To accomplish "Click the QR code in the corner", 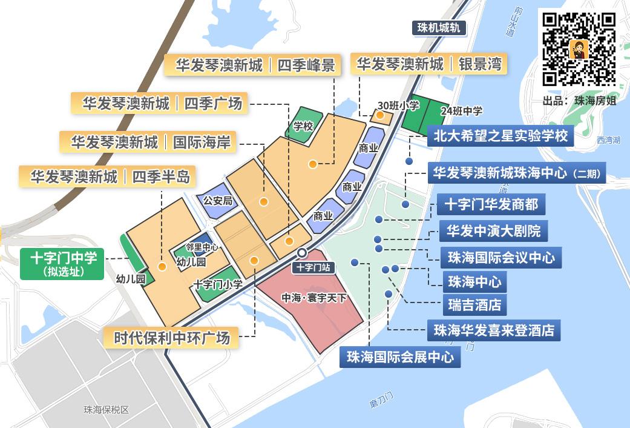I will (x=579, y=49).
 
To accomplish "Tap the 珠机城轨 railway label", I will (x=440, y=28).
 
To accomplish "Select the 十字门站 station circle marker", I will (x=301, y=253).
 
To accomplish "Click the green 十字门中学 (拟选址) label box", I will (x=62, y=264).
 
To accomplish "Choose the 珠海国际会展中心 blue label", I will (x=400, y=357).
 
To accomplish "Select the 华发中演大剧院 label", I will (x=493, y=231).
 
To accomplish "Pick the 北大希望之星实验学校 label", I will (x=500, y=136).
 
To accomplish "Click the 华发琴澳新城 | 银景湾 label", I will (x=428, y=64).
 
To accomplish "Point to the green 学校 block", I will (x=304, y=125).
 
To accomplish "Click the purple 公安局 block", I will (x=217, y=199).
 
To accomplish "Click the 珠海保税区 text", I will (x=107, y=410).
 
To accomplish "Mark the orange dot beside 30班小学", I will (x=380, y=115).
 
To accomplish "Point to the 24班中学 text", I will (x=461, y=110).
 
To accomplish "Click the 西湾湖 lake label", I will (x=608, y=140).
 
